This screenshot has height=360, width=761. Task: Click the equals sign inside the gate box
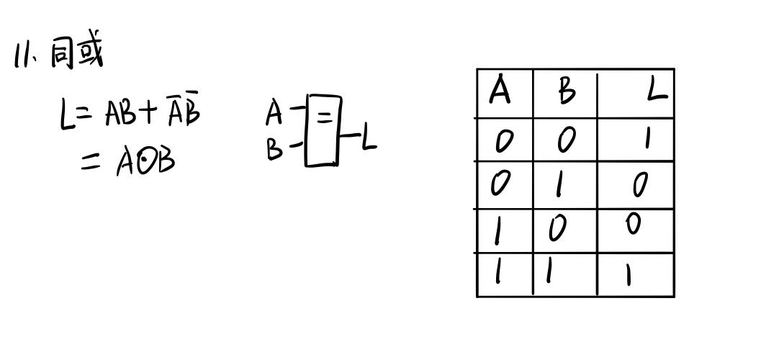click(325, 117)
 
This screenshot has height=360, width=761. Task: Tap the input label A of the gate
click(274, 112)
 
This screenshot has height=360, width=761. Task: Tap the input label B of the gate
click(274, 150)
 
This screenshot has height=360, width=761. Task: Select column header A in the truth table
click(500, 92)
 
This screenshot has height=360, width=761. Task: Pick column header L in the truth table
click(655, 92)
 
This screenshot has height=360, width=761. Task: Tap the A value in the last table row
click(498, 274)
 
